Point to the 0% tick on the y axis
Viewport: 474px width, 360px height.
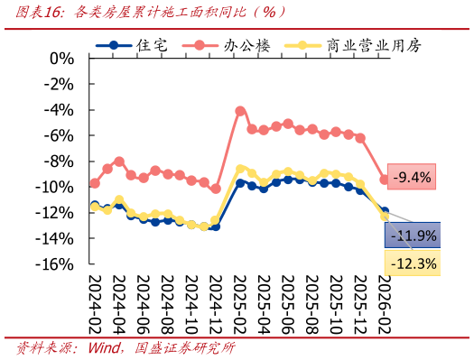coord(60,59)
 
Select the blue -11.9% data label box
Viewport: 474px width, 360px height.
coord(413,236)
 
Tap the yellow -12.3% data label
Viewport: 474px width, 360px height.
coord(413,263)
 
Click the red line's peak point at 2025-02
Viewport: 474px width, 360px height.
coord(240,111)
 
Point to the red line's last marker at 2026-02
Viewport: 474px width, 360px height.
coord(385,180)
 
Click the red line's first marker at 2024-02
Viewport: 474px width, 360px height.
coord(95,183)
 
